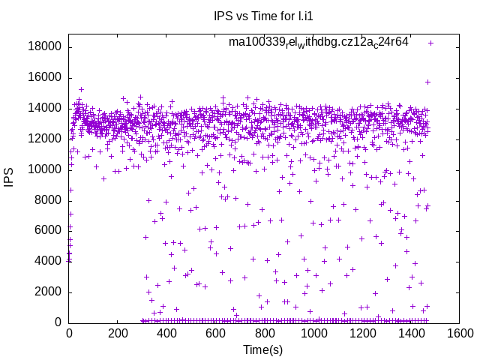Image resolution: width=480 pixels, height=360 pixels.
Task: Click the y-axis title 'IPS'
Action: pyautogui.click(x=10, y=178)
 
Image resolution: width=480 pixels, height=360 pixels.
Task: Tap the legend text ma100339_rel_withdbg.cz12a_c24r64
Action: pyautogui.click(x=319, y=43)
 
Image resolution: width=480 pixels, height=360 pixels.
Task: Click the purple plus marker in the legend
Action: pyautogui.click(x=430, y=43)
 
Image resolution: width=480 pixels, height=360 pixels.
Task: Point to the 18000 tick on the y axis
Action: pyautogui.click(x=45, y=47)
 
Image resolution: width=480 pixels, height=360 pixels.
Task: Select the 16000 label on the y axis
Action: pyautogui.click(x=45, y=78)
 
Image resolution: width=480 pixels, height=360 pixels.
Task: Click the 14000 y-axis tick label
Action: pyautogui.click(x=45, y=108)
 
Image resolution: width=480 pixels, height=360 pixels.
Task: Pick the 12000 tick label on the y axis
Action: pyautogui.click(x=45, y=139)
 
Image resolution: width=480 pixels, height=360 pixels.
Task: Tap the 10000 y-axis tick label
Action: pyautogui.click(x=45, y=169)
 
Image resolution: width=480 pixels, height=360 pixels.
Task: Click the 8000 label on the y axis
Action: pyautogui.click(x=48, y=200)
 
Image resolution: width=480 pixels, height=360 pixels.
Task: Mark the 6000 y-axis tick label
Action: pyautogui.click(x=48, y=231)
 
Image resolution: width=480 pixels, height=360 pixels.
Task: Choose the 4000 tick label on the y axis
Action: pyautogui.click(x=48, y=262)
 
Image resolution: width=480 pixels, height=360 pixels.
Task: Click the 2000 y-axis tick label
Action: pyautogui.click(x=48, y=292)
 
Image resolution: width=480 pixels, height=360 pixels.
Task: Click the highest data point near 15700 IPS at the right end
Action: pyautogui.click(x=427, y=82)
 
